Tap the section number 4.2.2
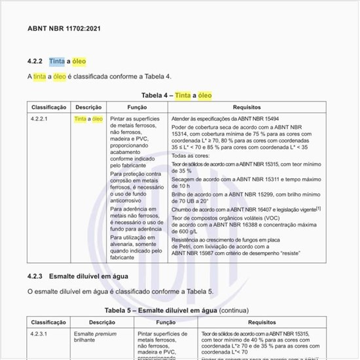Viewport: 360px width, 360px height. click(35, 62)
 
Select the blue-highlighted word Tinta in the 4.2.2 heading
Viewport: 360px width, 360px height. click(56, 62)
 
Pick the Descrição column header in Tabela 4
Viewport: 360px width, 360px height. click(88, 107)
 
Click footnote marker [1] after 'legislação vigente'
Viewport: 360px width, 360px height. click(318, 207)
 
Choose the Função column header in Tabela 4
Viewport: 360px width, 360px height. click(137, 107)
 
